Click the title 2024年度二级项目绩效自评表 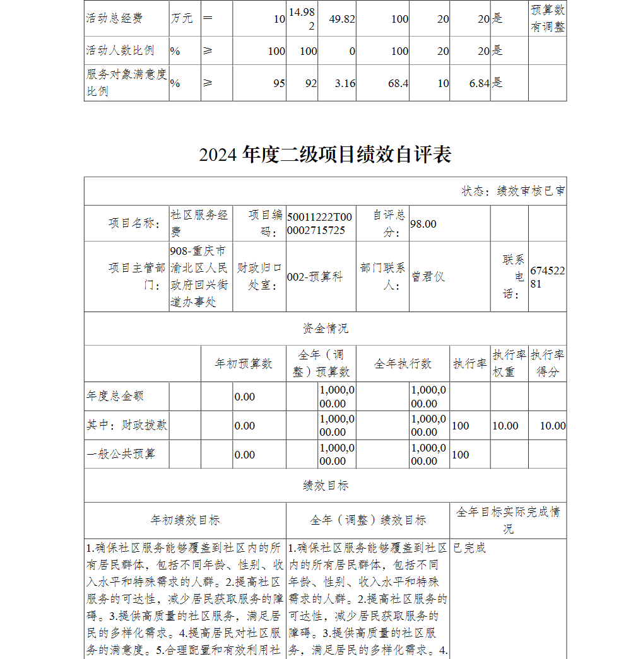pos(325,155)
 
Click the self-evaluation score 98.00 pos(423,224)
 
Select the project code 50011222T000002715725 pos(319,224)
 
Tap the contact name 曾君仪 pos(428,277)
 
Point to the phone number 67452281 pos(547,277)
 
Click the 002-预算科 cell pos(315,277)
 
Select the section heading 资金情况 pos(325,329)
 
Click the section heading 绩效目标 pos(325,486)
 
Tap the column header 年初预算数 pos(243,364)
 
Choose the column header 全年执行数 pos(403,364)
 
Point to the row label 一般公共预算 pos(121,455)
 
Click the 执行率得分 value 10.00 pos(553,426)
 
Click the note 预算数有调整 pos(547,18)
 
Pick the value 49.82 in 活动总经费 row pos(342,19)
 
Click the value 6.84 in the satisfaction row pos(480,83)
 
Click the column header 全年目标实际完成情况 pos(508,520)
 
